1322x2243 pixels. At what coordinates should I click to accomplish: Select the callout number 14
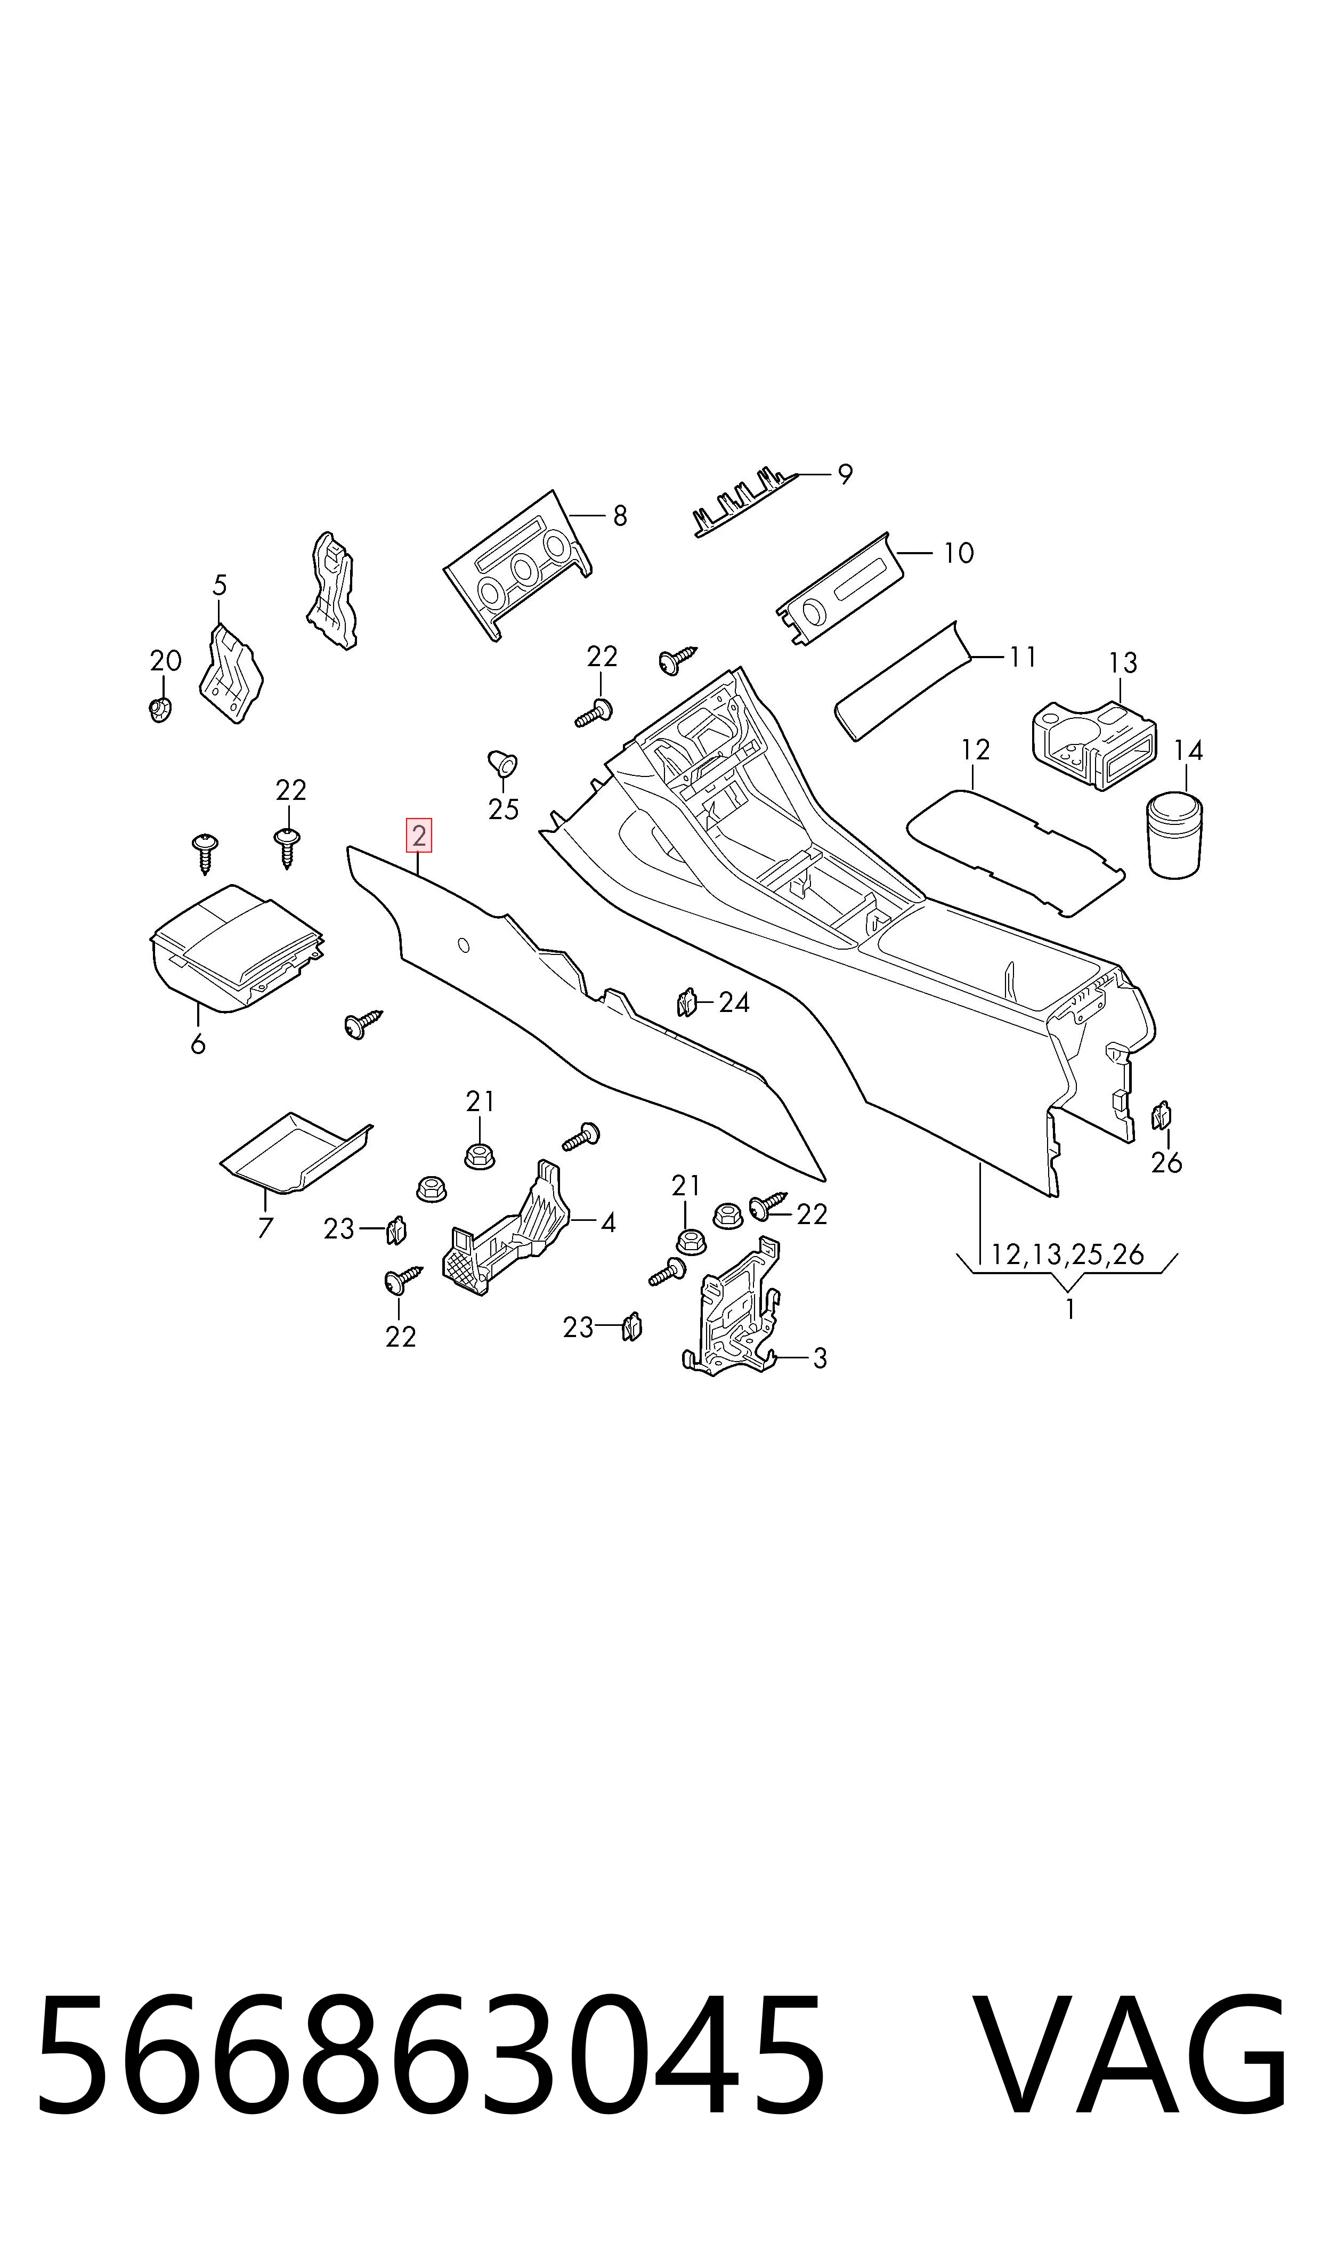tap(1188, 751)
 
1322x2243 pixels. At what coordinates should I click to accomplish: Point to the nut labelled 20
tap(159, 710)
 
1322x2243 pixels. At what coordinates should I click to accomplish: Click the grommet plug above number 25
tap(502, 764)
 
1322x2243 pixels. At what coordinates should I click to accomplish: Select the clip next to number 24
tap(686, 1003)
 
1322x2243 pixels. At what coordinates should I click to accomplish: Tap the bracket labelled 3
tap(732, 1309)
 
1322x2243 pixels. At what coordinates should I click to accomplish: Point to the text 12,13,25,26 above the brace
tap(1067, 1255)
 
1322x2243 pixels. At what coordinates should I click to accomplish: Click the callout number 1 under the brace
tap(1069, 1309)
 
